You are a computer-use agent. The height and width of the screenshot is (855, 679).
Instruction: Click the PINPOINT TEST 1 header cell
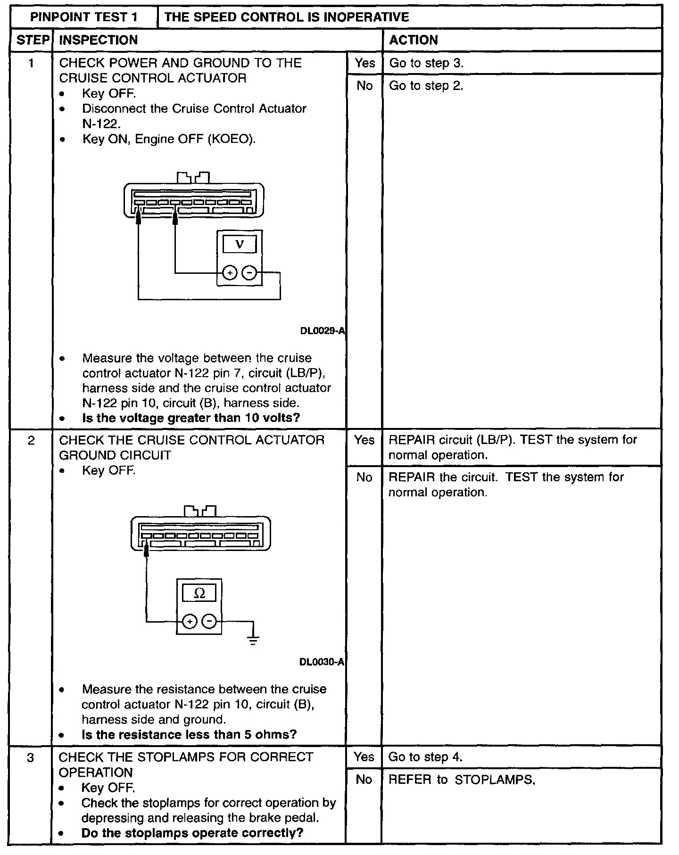pos(84,17)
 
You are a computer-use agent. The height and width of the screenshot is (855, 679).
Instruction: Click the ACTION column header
pos(414,40)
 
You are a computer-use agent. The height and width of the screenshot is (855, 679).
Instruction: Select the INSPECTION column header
pos(99,40)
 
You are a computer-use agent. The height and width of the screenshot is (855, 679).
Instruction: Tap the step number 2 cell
pos(31,441)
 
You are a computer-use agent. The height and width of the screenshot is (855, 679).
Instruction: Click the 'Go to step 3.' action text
pos(426,63)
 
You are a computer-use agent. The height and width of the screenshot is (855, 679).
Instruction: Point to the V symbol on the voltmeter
pos(240,244)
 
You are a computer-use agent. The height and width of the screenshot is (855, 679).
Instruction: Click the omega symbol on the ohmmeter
pos(199,593)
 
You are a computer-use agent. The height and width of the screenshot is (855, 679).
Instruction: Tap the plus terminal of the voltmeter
pos(229,273)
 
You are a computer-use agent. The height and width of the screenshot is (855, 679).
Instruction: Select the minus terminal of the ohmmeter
pos(209,622)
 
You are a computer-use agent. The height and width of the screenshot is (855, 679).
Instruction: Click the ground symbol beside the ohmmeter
pos(253,640)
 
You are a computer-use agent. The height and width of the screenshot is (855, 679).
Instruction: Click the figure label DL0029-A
pos(323,331)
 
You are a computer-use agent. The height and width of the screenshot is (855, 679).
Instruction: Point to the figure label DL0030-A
pos(322,662)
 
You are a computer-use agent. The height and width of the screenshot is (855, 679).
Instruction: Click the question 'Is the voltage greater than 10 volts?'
pos(191,418)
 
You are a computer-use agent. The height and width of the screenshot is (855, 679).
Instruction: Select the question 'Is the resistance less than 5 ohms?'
pos(189,734)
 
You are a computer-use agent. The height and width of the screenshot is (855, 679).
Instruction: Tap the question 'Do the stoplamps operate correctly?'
pos(192,832)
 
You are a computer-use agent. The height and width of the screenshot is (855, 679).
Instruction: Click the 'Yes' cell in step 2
pos(364,440)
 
